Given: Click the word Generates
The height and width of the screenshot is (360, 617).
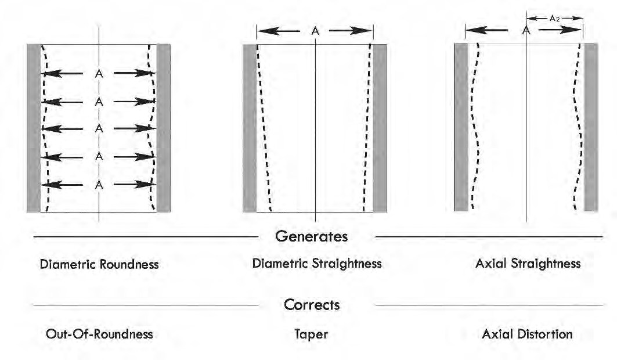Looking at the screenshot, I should tap(312, 237).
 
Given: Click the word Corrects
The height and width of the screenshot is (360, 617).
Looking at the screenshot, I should tap(312, 304).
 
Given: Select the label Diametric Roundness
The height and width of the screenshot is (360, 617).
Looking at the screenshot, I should tap(99, 264).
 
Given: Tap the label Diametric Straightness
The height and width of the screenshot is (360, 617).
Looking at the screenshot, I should tap(317, 264).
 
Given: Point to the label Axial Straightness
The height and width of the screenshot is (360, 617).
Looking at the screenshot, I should tap(527, 264).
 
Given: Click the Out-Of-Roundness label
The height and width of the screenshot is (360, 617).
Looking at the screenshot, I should tap(99, 334).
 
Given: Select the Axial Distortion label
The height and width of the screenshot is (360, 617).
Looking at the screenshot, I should tap(527, 334).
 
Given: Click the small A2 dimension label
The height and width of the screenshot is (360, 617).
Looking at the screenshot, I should tap(555, 19).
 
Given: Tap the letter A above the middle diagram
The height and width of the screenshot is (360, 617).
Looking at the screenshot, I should tap(315, 31).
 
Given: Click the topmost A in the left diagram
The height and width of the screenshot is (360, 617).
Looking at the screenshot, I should tap(99, 74).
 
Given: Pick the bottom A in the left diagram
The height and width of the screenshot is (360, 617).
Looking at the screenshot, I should tap(99, 185).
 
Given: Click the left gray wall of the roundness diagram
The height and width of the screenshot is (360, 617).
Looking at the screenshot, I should tap(34, 128).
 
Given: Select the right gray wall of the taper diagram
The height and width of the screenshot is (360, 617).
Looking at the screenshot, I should tap(380, 128).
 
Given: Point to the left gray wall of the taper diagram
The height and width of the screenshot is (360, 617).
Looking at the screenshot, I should tap(250, 128).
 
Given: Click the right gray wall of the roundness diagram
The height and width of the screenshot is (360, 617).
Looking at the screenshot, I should tap(164, 128).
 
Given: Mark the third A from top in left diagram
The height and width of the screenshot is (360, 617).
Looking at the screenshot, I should tap(99, 128).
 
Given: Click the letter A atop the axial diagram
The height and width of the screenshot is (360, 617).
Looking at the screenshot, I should tap(527, 31).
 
